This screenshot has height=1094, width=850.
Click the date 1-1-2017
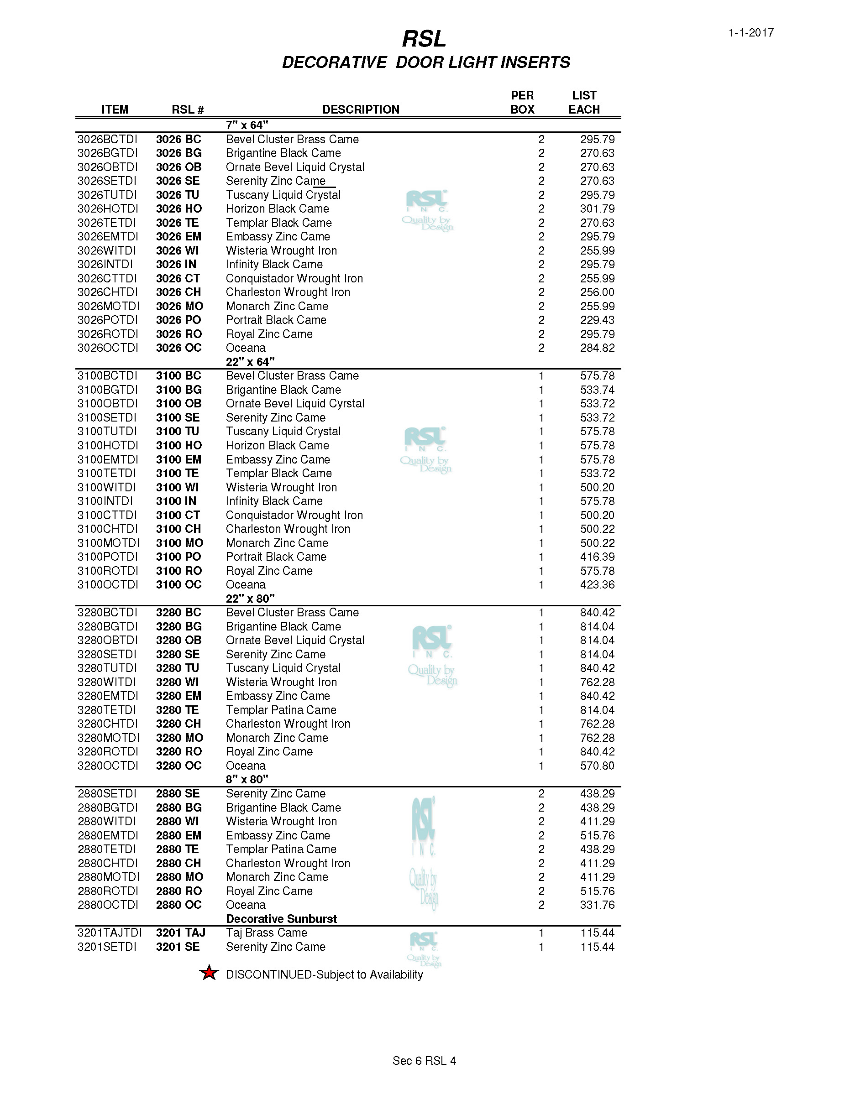[x=751, y=33]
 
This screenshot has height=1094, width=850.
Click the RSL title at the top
[x=424, y=39]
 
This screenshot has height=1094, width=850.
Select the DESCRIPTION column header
[x=360, y=109]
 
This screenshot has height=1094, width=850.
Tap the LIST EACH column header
[x=584, y=103]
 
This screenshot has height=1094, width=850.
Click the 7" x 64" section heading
[x=247, y=125]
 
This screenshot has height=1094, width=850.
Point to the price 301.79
[x=597, y=209]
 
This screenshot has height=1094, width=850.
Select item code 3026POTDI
[x=107, y=320]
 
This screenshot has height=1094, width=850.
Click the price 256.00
[x=597, y=292]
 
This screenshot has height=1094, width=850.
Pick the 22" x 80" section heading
[x=250, y=599]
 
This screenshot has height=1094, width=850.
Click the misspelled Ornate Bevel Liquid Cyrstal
[x=295, y=404]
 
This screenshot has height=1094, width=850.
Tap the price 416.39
[x=597, y=557]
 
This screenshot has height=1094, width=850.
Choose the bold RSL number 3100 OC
[x=178, y=584]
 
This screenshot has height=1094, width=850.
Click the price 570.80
[x=597, y=766]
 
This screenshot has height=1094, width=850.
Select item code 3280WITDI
[x=107, y=682]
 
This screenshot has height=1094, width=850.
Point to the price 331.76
[x=597, y=905]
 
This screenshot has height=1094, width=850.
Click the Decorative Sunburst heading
[x=281, y=919]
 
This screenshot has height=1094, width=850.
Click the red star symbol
[x=209, y=973]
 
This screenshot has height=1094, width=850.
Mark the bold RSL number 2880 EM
[x=178, y=835]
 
